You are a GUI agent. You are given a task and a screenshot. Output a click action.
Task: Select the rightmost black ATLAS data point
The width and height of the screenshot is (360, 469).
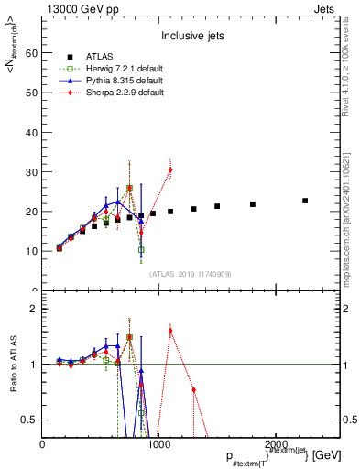tap(305, 201)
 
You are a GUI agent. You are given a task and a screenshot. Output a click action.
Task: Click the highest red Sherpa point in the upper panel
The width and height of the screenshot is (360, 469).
tap(170, 169)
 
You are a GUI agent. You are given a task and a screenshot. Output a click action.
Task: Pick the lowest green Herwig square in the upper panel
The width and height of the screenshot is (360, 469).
tap(141, 249)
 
